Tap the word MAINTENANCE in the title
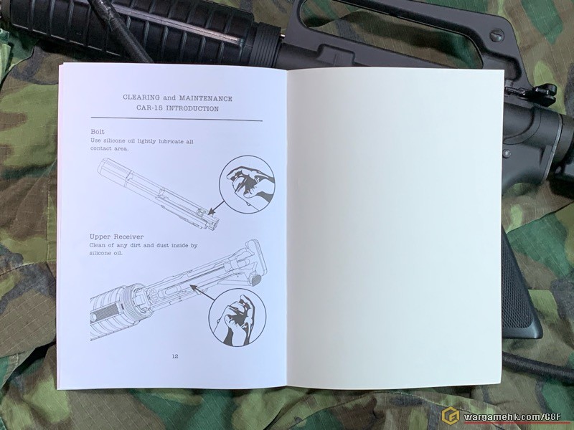pos(205,98)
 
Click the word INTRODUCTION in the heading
pos(192,109)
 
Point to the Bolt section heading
pos(98,132)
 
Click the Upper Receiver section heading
pos(116,236)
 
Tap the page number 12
pos(175,356)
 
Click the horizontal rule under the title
pos(177,119)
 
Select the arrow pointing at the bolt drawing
pos(217,207)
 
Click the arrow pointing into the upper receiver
pos(202,293)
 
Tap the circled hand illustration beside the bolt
pos(247,184)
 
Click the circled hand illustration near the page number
pos(237,317)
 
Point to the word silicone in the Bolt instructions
pos(114,140)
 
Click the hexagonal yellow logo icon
pos(451,416)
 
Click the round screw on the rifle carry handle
pos(497,35)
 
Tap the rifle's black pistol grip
pos(519,292)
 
